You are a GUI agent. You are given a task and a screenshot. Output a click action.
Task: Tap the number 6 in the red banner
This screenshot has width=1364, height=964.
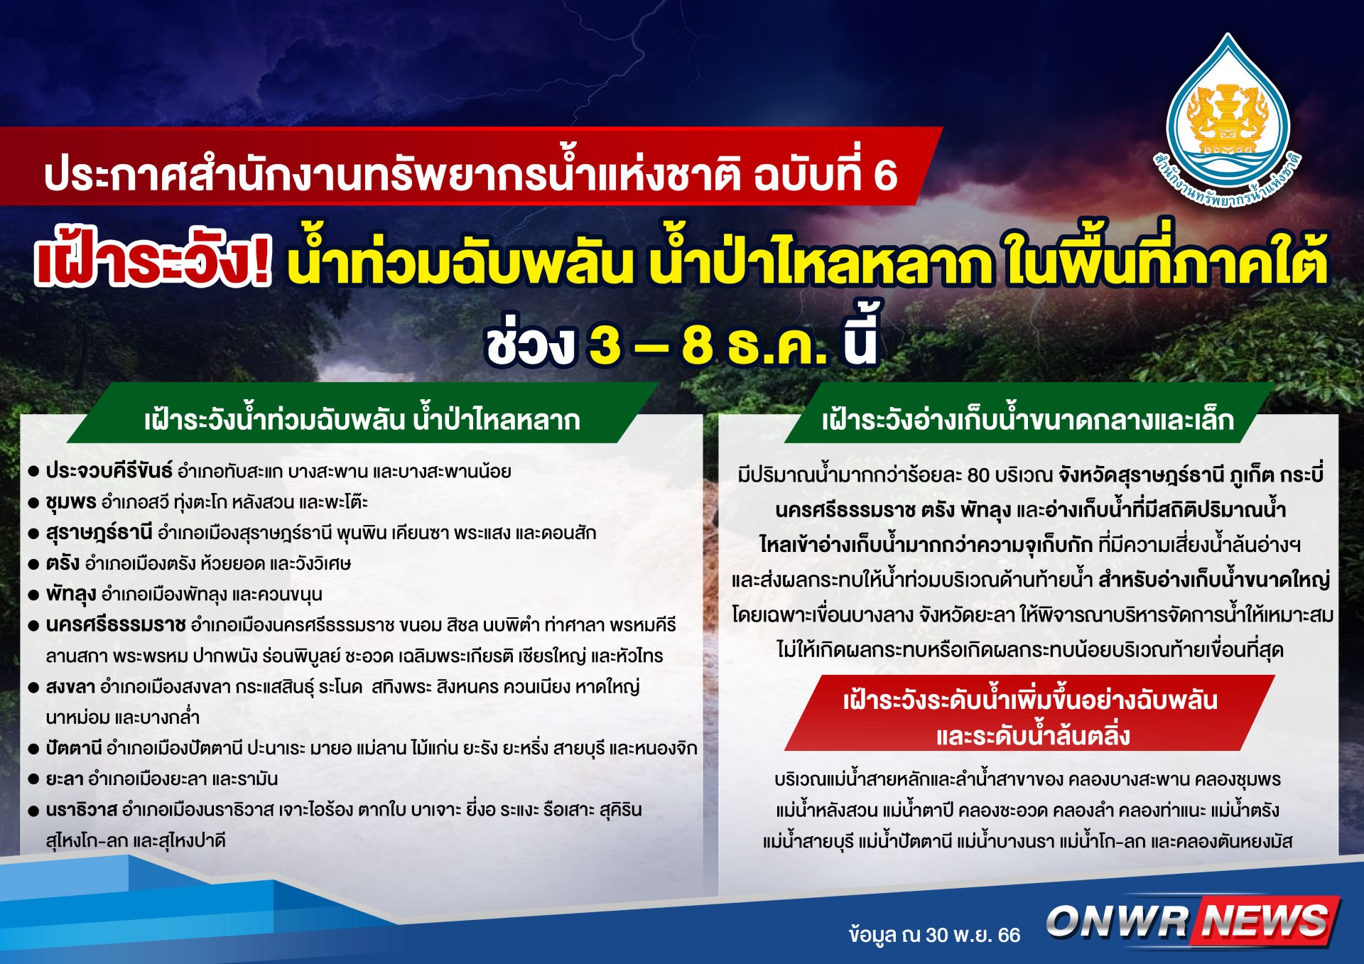pyautogui.click(x=885, y=175)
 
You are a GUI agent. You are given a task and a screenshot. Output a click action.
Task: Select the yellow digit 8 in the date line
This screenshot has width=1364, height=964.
pyautogui.click(x=698, y=345)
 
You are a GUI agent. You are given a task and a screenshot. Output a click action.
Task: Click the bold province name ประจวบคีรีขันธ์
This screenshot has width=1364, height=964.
pyautogui.click(x=109, y=471)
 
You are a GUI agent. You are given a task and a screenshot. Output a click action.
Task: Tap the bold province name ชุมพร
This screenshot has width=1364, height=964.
pyautogui.click(x=70, y=502)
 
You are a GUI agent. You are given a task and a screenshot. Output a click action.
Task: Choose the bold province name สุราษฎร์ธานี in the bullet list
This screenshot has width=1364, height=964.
pyautogui.click(x=99, y=533)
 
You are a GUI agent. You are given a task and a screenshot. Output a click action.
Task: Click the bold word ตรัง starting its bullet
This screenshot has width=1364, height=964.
pyautogui.click(x=63, y=563)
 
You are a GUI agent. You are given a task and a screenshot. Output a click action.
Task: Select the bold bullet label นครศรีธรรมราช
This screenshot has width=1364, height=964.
pyautogui.click(x=116, y=625)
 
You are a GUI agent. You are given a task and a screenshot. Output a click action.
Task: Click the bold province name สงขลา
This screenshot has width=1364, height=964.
pyautogui.click(x=70, y=687)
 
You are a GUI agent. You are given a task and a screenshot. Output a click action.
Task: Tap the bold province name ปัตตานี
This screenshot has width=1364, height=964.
pyautogui.click(x=74, y=748)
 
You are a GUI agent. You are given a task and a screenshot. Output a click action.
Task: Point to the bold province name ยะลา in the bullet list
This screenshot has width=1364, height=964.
pyautogui.click(x=65, y=779)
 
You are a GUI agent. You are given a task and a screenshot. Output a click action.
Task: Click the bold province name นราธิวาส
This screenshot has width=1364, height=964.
pyautogui.click(x=81, y=810)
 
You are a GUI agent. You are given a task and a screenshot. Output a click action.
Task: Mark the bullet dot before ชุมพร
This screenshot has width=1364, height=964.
pyautogui.click(x=33, y=504)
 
